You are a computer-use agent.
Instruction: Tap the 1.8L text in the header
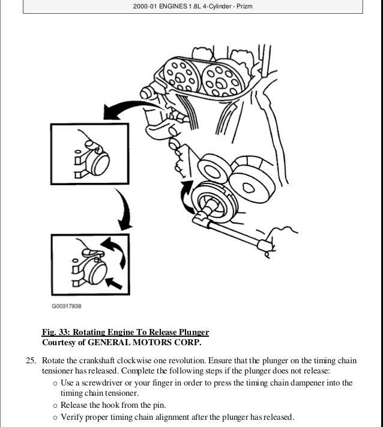193,7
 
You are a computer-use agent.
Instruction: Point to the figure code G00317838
66,306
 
